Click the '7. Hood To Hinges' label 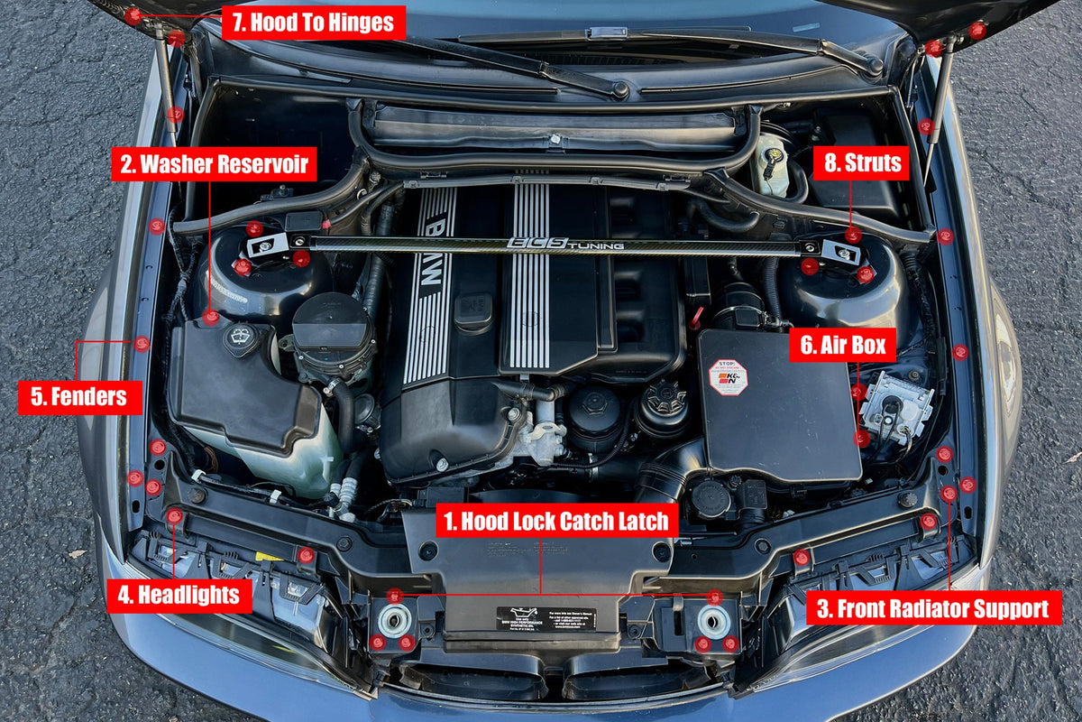tap(313, 23)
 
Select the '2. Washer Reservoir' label tap(214, 164)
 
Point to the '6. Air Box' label tap(842, 345)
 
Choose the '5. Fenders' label tap(79, 397)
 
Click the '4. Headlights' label tap(179, 595)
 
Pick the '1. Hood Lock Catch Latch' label tap(557, 521)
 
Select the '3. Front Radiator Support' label tap(933, 607)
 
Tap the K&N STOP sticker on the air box tap(728, 377)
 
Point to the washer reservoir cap tap(241, 338)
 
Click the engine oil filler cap tap(473, 310)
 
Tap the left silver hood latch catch tap(394, 620)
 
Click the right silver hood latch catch tap(714, 620)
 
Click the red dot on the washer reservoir tap(210, 317)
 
